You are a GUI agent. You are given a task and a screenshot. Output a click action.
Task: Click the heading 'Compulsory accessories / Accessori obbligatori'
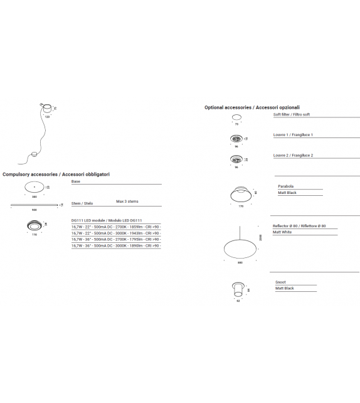point(56,173)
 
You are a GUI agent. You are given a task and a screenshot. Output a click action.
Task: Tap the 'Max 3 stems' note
point(127,201)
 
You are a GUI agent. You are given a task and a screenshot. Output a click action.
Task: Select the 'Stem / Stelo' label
point(82,203)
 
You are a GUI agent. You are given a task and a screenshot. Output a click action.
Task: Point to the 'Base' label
point(76,181)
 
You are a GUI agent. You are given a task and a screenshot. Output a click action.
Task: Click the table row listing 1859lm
point(116,227)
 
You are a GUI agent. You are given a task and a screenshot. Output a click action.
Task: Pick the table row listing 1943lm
point(116,233)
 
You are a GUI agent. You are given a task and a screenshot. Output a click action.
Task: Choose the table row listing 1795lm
point(116,239)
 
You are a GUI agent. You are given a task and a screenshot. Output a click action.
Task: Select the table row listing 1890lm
point(116,245)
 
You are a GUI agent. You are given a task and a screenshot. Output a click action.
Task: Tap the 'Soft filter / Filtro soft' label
point(292,115)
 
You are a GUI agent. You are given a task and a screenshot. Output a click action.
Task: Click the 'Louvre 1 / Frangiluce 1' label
point(293,135)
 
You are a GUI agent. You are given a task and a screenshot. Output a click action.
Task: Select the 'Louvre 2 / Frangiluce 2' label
point(293,155)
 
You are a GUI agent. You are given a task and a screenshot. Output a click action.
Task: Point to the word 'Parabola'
point(285,186)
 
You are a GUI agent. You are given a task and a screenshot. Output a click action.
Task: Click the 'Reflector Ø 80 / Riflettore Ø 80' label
point(299,225)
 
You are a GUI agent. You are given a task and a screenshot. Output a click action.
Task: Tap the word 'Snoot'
point(280,282)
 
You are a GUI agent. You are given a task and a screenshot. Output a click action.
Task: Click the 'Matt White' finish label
point(282,232)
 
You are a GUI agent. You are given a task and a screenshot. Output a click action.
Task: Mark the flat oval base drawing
point(34,186)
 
